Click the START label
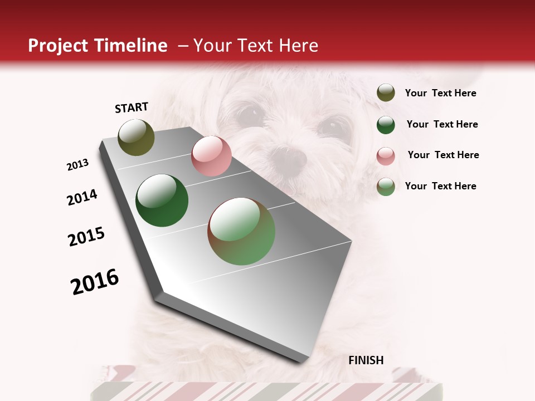[132, 107]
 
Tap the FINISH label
[366, 360]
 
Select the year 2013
[77, 165]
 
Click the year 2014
[82, 197]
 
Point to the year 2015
[86, 237]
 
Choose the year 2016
[95, 282]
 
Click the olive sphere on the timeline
[137, 137]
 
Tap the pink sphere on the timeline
[211, 156]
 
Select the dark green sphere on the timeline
[162, 200]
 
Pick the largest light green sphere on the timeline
[241, 231]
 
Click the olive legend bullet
[386, 93]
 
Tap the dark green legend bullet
[386, 125]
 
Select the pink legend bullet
[386, 155]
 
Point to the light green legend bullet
[386, 187]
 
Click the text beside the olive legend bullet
[440, 94]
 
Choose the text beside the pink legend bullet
[443, 155]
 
